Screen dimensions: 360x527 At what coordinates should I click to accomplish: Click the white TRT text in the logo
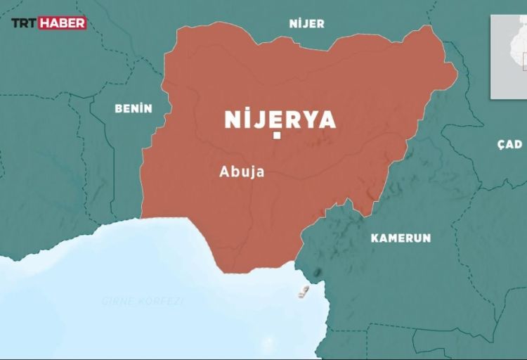[x=23, y=23]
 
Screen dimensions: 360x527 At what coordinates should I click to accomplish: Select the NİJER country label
[x=306, y=24]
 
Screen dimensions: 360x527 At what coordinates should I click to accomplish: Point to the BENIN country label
[x=134, y=108]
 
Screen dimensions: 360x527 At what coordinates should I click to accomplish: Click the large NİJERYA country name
[x=280, y=120]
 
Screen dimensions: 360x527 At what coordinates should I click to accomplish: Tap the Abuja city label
[x=242, y=171]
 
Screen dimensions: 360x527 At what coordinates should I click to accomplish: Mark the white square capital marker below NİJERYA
[x=278, y=136]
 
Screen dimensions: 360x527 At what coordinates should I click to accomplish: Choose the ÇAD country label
[x=509, y=144]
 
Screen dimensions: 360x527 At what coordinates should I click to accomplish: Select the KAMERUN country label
[x=401, y=238]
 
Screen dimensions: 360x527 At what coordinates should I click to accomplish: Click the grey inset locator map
[x=508, y=56]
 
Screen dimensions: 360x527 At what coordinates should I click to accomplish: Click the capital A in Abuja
[x=225, y=171]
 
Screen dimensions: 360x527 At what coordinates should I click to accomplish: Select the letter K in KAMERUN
[x=375, y=238]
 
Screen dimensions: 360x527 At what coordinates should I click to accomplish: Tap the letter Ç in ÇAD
[x=500, y=145]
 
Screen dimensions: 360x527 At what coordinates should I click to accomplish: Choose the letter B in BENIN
[x=118, y=108]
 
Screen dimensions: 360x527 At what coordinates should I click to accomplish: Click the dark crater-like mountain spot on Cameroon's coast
[x=318, y=272]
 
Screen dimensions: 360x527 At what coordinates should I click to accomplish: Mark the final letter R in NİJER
[x=321, y=24]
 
